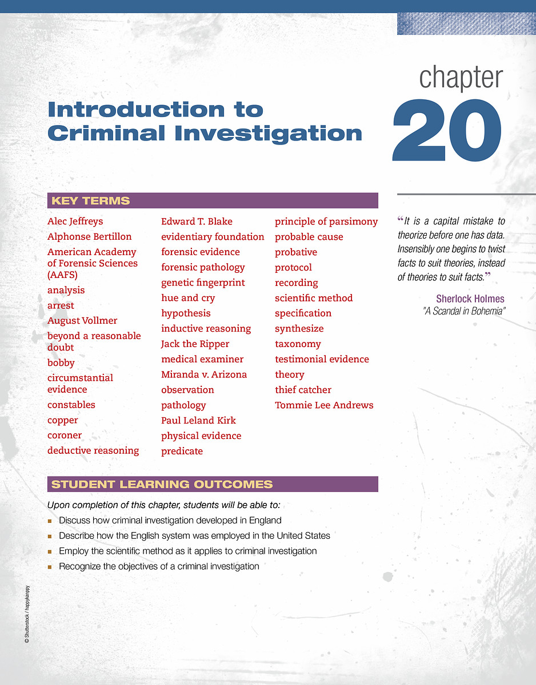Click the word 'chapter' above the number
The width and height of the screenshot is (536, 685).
[x=461, y=78]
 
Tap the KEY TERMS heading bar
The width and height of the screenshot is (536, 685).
[x=213, y=201]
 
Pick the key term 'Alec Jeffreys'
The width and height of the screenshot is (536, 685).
[x=75, y=221]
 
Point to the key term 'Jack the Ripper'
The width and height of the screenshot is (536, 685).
[x=195, y=344]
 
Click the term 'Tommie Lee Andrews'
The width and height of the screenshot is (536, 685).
[x=324, y=405]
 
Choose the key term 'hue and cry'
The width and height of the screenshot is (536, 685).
[x=188, y=298]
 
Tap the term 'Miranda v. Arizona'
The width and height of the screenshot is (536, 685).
[x=204, y=375]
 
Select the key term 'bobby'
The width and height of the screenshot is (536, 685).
[x=61, y=363]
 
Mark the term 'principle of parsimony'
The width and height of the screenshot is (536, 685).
[x=326, y=221]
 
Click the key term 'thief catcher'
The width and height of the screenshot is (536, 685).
[x=303, y=390]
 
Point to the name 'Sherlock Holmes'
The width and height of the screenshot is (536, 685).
[x=470, y=299]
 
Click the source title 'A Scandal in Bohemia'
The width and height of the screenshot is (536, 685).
[x=464, y=311]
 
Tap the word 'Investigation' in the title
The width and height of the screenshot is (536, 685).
[x=268, y=134]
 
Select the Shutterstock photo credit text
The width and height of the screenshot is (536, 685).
[x=27, y=615]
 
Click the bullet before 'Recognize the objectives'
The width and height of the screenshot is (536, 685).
[x=50, y=567]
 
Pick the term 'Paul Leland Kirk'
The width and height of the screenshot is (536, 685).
[x=198, y=421]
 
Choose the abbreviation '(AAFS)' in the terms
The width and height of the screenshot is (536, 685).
[x=62, y=275]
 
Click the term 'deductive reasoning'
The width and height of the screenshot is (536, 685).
[x=93, y=451]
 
